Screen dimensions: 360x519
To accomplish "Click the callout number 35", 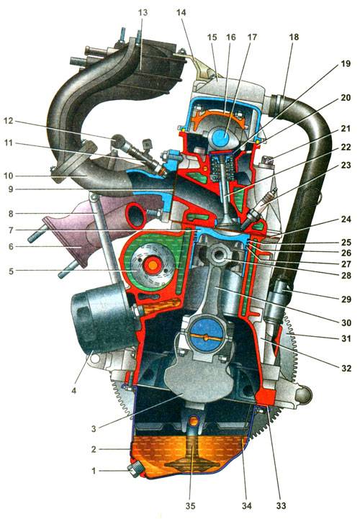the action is click(x=190, y=505).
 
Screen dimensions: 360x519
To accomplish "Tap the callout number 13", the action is click(x=143, y=13).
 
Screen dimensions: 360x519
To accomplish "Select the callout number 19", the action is click(x=346, y=63).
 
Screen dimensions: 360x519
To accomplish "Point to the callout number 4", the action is click(x=74, y=391).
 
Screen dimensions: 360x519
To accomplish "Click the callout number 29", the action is click(x=346, y=299).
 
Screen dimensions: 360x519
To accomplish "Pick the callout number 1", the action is click(x=94, y=470).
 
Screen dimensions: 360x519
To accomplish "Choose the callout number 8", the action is click(x=11, y=214).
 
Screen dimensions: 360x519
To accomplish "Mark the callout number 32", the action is click(x=346, y=368).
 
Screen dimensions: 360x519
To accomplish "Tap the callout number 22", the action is click(x=346, y=147).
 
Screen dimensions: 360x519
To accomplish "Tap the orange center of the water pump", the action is click(x=153, y=265).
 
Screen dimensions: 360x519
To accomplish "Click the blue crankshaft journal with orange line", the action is click(x=206, y=337).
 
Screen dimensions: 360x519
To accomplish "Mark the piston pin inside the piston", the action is click(x=220, y=256).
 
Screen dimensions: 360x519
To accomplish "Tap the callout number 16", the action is click(x=231, y=37).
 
